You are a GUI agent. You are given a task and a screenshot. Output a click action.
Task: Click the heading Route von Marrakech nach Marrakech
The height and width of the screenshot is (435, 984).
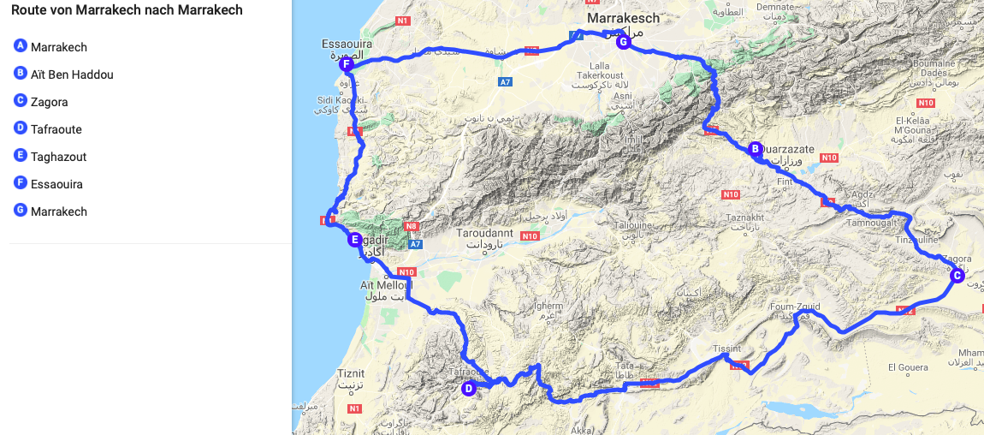click(x=127, y=11)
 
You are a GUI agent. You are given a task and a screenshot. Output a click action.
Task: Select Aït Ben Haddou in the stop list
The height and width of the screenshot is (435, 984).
click(x=72, y=74)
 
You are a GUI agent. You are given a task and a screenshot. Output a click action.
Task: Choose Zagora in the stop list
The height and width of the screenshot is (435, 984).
click(x=49, y=102)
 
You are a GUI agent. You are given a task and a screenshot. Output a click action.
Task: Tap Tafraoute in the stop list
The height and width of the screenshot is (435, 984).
click(x=56, y=129)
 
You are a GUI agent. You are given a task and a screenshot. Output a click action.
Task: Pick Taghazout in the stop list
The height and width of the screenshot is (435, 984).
click(x=58, y=157)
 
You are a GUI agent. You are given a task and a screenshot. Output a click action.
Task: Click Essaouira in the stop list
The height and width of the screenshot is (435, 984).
click(x=56, y=184)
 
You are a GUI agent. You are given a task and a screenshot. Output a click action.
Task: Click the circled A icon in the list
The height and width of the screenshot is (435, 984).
click(x=21, y=46)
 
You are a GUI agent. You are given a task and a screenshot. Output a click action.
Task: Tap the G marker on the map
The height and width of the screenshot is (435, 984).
click(x=623, y=42)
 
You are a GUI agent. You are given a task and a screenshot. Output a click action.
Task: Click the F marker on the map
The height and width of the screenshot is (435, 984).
click(x=346, y=64)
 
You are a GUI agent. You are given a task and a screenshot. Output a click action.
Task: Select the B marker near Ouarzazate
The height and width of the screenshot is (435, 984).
click(x=755, y=149)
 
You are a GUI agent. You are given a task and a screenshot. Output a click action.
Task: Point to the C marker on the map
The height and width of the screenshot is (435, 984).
click(x=957, y=275)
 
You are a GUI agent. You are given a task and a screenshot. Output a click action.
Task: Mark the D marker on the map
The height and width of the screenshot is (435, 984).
click(x=468, y=389)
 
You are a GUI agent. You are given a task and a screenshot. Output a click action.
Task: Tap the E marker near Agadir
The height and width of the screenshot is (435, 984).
click(x=354, y=240)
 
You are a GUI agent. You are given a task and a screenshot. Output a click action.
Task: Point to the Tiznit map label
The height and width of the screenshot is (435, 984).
click(x=351, y=373)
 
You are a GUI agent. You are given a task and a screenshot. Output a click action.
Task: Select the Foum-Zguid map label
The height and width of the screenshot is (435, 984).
click(x=796, y=305)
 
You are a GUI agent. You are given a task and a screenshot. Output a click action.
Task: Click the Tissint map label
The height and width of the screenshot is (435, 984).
click(x=726, y=349)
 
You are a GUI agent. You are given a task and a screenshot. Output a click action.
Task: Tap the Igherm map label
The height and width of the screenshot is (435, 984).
click(x=548, y=306)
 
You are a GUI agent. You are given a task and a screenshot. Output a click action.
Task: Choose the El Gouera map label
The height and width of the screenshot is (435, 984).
click(x=908, y=368)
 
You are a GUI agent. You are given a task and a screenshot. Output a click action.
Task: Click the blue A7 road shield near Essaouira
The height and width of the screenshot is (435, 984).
click(x=506, y=81)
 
